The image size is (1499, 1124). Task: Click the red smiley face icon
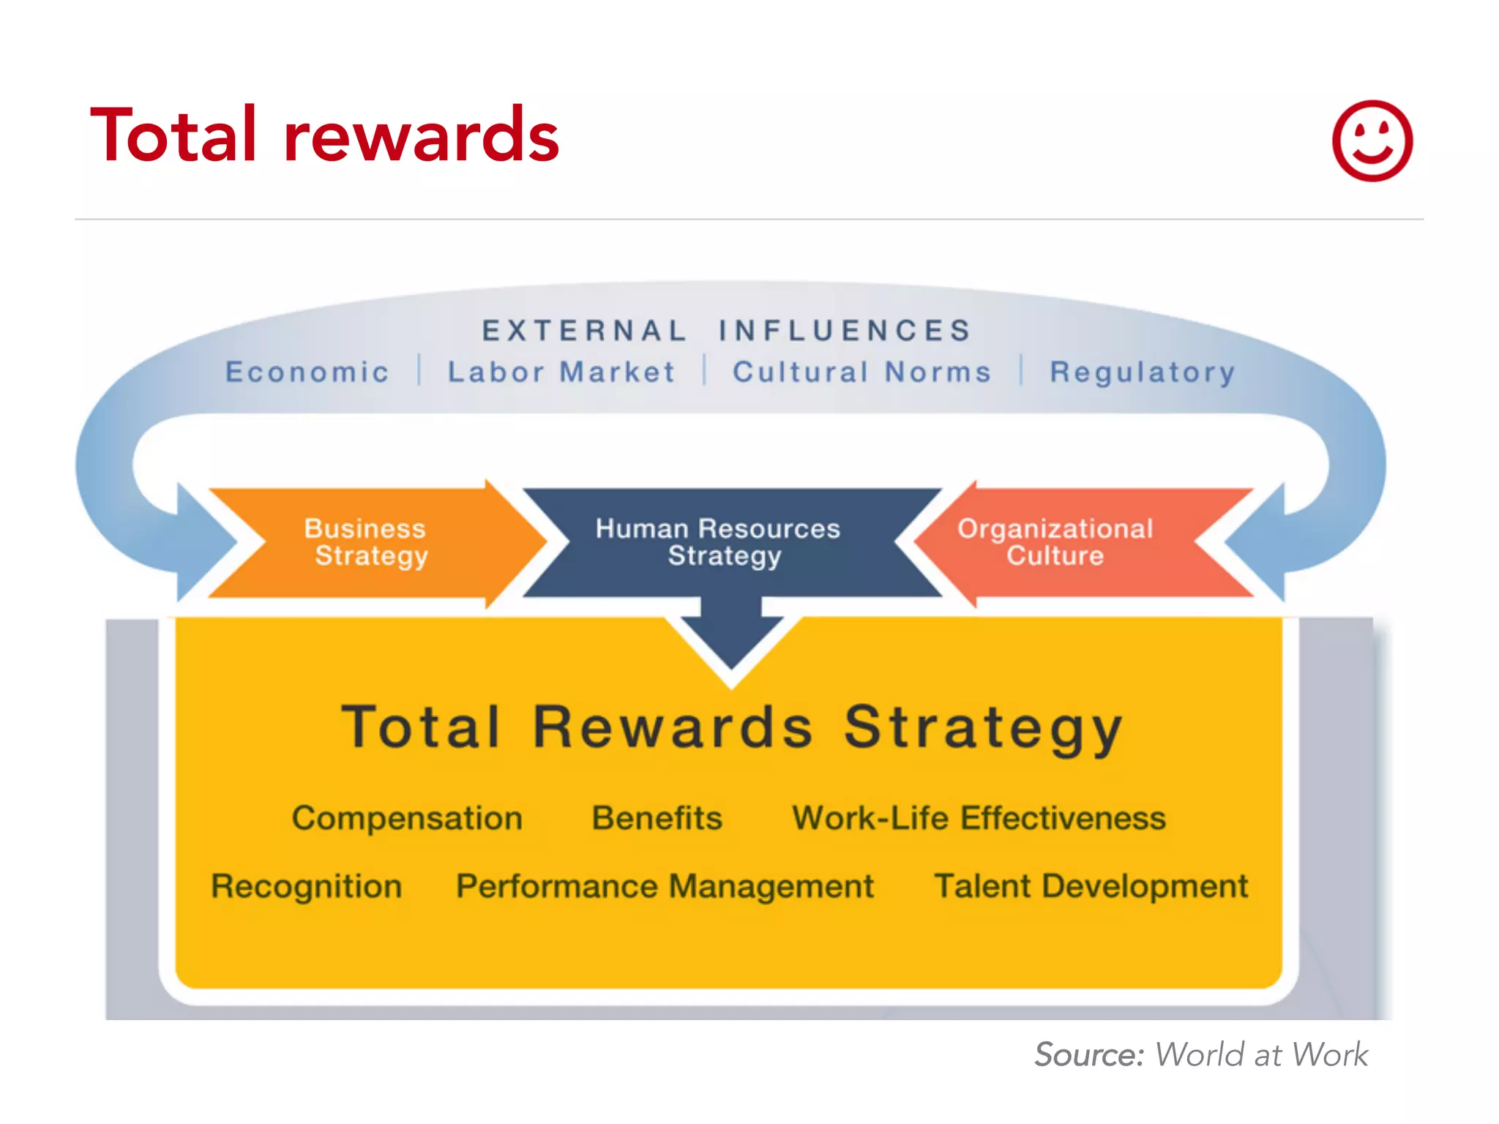click(1372, 140)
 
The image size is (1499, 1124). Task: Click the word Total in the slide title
click(173, 135)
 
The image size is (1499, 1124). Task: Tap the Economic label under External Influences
click(307, 372)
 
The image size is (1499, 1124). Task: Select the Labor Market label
click(561, 372)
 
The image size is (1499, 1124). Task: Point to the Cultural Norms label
click(862, 372)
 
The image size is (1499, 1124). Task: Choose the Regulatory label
click(1143, 372)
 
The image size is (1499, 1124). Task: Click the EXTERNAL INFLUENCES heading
click(726, 331)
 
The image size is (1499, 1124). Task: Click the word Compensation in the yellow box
click(407, 818)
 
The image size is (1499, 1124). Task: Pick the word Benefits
click(657, 818)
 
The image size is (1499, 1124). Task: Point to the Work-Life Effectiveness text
click(979, 818)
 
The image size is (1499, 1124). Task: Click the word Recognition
click(307, 886)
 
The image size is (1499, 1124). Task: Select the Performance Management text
click(665, 886)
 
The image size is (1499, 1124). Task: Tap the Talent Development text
click(1091, 886)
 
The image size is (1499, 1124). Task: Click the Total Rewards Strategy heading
click(732, 727)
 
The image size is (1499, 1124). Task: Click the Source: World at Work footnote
click(1200, 1054)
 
